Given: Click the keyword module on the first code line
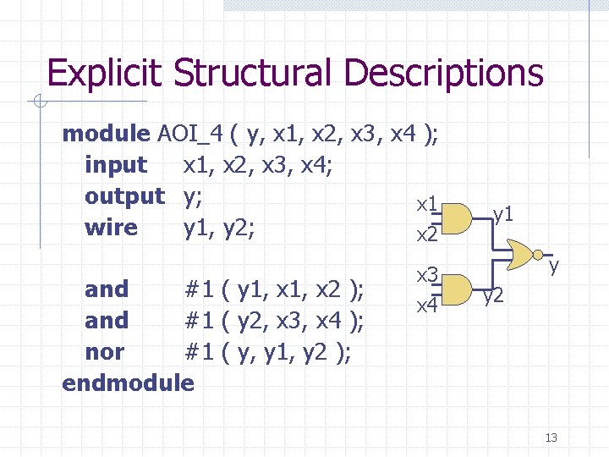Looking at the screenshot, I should pyautogui.click(x=106, y=134).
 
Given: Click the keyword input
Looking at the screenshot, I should pyautogui.click(x=116, y=165).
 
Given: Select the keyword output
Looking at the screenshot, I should pyautogui.click(x=124, y=196).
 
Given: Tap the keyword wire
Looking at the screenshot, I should pyautogui.click(x=111, y=228).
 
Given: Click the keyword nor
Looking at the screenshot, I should pyautogui.click(x=104, y=351).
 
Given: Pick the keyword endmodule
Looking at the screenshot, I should pyautogui.click(x=128, y=383).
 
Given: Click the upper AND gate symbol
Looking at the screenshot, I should pyautogui.click(x=458, y=218).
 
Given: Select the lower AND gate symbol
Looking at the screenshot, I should pyautogui.click(x=458, y=289).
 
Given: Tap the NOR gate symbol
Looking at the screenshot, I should pyautogui.click(x=523, y=253).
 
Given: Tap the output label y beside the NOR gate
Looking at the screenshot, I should pyautogui.click(x=555, y=267).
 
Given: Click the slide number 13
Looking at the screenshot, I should pyautogui.click(x=551, y=438).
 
